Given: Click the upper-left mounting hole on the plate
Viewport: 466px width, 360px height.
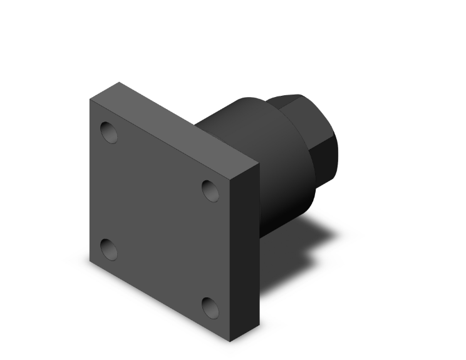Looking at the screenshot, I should [x=110, y=132].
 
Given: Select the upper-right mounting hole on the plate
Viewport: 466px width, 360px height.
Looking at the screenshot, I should [x=210, y=190].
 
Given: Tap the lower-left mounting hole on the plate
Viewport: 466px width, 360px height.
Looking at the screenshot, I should [x=109, y=249].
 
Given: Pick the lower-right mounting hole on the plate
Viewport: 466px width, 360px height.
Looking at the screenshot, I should [x=210, y=307].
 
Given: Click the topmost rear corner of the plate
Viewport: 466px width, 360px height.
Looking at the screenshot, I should [x=119, y=82].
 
